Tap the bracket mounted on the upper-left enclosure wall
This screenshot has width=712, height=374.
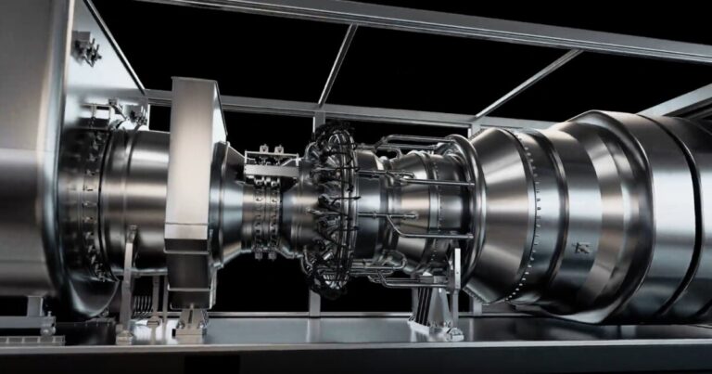(87, 46)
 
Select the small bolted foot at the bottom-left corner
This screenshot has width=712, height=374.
(37, 325)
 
